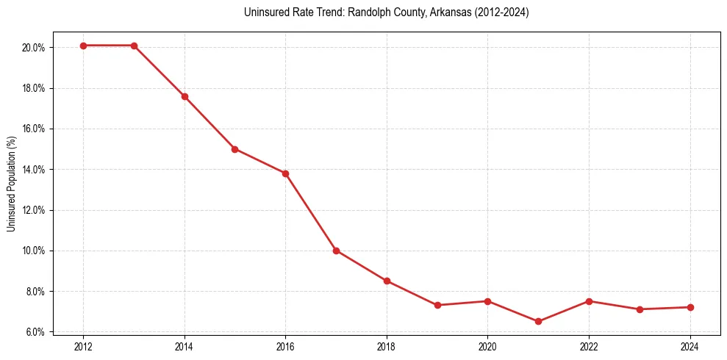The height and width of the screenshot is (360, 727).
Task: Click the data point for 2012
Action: [x=83, y=46]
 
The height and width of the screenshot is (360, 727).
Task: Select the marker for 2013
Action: [x=134, y=46]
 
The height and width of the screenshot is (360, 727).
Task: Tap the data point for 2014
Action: [x=185, y=96]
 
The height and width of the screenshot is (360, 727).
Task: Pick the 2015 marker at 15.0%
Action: [x=234, y=149]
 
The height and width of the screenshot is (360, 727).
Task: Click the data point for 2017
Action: [x=336, y=251]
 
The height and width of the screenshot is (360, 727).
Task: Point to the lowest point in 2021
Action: [x=538, y=322]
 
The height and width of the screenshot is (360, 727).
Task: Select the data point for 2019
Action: [x=437, y=305]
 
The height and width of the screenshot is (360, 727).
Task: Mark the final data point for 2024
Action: [x=690, y=307]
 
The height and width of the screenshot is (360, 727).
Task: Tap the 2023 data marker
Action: [x=640, y=309]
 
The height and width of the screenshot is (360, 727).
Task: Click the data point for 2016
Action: [x=285, y=173]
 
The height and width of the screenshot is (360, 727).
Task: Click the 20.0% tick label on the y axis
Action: [x=35, y=48]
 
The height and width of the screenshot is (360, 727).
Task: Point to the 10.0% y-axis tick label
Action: [x=35, y=251]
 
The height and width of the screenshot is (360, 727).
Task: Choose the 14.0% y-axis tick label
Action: [x=35, y=170]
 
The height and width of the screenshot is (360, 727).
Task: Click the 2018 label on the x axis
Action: [x=387, y=346]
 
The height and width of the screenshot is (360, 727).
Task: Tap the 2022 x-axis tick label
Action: [x=589, y=346]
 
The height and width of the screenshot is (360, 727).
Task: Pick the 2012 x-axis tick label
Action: [x=83, y=346]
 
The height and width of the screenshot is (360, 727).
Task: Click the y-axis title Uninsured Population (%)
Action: [x=12, y=184]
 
